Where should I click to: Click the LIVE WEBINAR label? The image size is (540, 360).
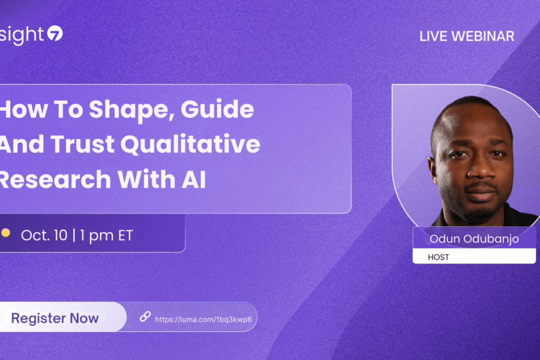pos(467,36)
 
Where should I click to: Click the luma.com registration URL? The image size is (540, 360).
pos(203,320)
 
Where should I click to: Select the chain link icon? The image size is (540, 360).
pos(145,317)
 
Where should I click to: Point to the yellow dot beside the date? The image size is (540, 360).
pos(5,233)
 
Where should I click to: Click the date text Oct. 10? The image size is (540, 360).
pos(44,236)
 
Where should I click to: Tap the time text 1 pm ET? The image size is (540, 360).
pos(106,236)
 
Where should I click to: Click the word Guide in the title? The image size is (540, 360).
pos(217,109)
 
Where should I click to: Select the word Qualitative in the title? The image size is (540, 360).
pos(190,145)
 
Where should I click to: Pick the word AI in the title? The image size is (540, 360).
pos(194,179)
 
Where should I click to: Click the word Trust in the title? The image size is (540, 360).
pos(83,144)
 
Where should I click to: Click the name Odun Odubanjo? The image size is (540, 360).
pos(474,239)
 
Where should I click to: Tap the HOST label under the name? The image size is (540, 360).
pos(439,257)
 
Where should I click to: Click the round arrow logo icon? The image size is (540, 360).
pos(55,34)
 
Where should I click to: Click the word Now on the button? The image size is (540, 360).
pos(85,319)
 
